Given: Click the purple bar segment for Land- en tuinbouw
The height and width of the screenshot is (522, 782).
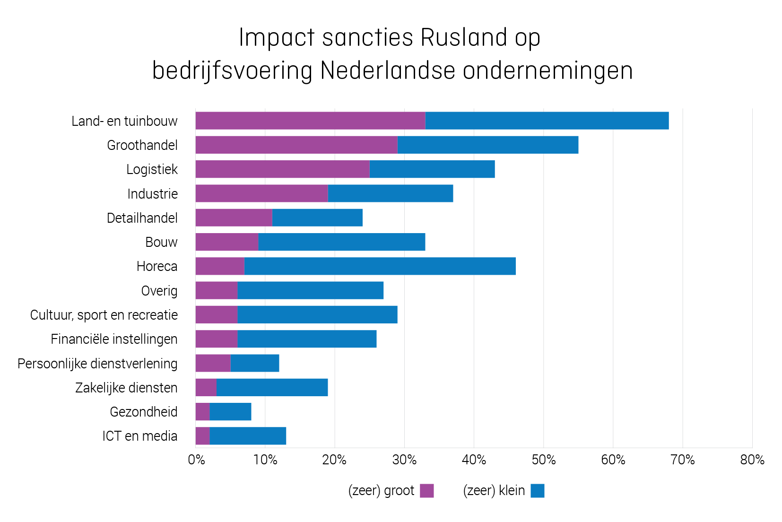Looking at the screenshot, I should pos(310,121).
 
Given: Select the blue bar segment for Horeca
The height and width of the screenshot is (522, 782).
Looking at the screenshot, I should pos(380,266).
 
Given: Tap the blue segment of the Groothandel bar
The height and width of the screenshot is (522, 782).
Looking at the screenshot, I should pos(487,145).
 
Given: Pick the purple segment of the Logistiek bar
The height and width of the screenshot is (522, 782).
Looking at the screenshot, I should pos(282,169).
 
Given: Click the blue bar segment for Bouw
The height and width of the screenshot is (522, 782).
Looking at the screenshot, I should pos(341,242).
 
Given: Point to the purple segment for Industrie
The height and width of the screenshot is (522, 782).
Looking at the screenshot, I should pos(261,193).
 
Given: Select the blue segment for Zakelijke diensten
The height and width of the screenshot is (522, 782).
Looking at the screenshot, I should pos(272,388).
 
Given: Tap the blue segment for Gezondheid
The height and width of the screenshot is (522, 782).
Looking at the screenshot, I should pos(230,412).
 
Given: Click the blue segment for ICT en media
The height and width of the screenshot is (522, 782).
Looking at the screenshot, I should pos(248,436).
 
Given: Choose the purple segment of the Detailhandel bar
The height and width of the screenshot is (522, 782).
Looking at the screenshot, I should pos(234,217).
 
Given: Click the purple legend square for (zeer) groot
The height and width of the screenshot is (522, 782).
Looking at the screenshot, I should pos(426,491).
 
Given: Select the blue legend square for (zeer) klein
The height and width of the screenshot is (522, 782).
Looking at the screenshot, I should pos(537,491).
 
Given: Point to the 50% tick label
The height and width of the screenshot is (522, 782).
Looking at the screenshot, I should pos(543,460).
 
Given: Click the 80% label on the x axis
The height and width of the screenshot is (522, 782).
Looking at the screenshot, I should pos(752,460).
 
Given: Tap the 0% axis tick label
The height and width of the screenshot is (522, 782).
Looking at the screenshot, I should pos(196,460).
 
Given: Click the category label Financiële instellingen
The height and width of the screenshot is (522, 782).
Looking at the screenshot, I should pos(114,339).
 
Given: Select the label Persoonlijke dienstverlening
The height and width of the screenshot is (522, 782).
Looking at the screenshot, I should pos(97,364).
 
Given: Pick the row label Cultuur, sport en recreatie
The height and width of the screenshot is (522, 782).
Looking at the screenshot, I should pos(104,315).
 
